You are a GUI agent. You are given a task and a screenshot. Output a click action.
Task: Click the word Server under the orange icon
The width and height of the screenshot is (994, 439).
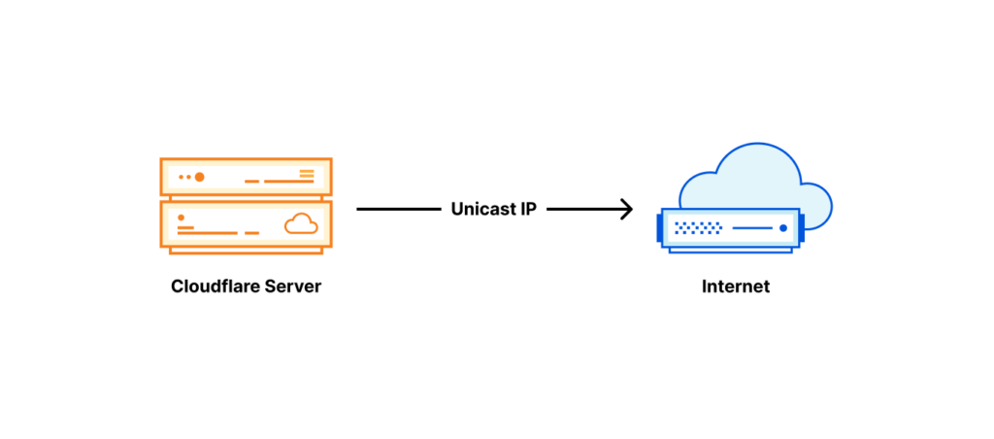[291, 287]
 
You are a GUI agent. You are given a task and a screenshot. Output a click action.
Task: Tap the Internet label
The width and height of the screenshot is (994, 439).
[736, 287]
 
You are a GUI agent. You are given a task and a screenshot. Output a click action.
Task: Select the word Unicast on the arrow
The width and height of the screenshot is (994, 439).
[482, 209]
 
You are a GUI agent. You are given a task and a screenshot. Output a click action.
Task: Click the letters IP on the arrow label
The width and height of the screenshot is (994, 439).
[527, 209]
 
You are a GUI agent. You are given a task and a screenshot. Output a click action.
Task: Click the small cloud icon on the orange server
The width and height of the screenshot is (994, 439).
[301, 224]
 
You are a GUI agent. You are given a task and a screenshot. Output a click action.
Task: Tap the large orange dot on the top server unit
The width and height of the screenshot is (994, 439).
[200, 177]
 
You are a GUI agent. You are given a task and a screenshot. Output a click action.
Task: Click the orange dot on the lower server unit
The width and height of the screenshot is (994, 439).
[182, 218]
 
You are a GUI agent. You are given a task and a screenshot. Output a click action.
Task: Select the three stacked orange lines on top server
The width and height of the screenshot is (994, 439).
[307, 175]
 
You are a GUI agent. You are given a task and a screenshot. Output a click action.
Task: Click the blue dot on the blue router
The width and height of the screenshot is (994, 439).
[782, 229]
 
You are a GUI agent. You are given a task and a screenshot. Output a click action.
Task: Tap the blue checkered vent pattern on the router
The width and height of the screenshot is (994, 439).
[699, 229]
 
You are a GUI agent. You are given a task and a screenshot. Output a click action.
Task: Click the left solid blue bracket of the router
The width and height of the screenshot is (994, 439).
[660, 229]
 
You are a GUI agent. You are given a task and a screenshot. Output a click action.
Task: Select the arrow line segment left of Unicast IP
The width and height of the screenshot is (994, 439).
[398, 209]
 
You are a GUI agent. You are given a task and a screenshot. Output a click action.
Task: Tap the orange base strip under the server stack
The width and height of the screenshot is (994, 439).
[246, 250]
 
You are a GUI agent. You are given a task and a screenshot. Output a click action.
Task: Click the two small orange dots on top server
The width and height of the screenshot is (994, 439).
[185, 177]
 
